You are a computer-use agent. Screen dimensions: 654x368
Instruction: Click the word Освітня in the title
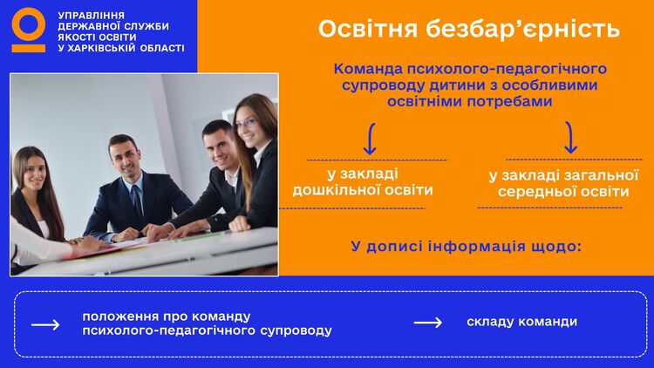click(x=368, y=29)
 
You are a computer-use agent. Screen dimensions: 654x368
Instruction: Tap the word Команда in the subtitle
click(x=368, y=69)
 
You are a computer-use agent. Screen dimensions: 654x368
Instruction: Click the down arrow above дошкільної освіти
click(x=370, y=139)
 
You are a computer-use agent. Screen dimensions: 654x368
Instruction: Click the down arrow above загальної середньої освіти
click(x=570, y=137)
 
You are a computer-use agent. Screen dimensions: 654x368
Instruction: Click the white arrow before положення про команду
click(x=45, y=324)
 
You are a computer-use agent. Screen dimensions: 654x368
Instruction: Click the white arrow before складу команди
click(x=428, y=323)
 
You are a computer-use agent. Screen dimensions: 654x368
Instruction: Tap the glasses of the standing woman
click(x=248, y=124)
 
